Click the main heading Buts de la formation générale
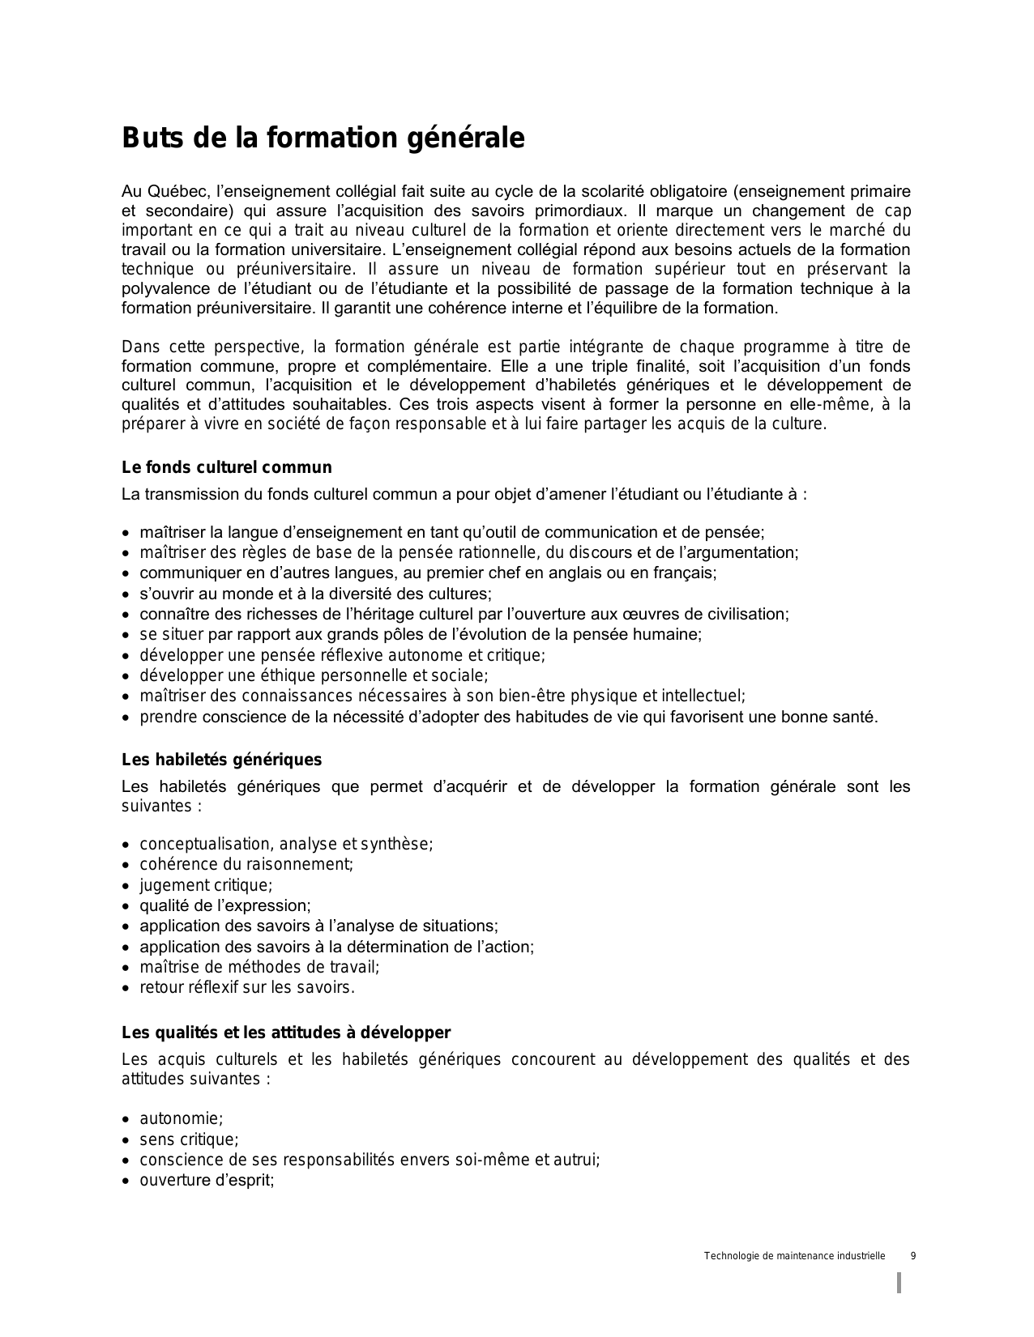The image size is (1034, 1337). click(x=323, y=138)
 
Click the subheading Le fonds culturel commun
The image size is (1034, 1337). click(x=227, y=467)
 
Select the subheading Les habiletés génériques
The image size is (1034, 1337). click(x=221, y=760)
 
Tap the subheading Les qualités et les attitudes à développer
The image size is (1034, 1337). click(x=286, y=1033)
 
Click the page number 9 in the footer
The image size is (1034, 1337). click(x=913, y=1256)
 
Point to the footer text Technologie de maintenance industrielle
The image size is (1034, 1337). click(x=794, y=1256)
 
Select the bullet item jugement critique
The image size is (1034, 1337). click(x=206, y=885)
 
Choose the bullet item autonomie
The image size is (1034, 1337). click(x=181, y=1118)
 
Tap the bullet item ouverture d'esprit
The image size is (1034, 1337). click(x=207, y=1180)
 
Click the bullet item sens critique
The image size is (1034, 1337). click(x=189, y=1139)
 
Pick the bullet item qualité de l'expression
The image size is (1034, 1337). click(x=224, y=905)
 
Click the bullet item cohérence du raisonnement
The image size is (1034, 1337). click(x=246, y=864)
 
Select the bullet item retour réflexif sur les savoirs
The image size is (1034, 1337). click(x=247, y=987)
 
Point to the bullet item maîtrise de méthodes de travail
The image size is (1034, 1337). click(x=259, y=967)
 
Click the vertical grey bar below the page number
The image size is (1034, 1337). click(x=899, y=1283)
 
